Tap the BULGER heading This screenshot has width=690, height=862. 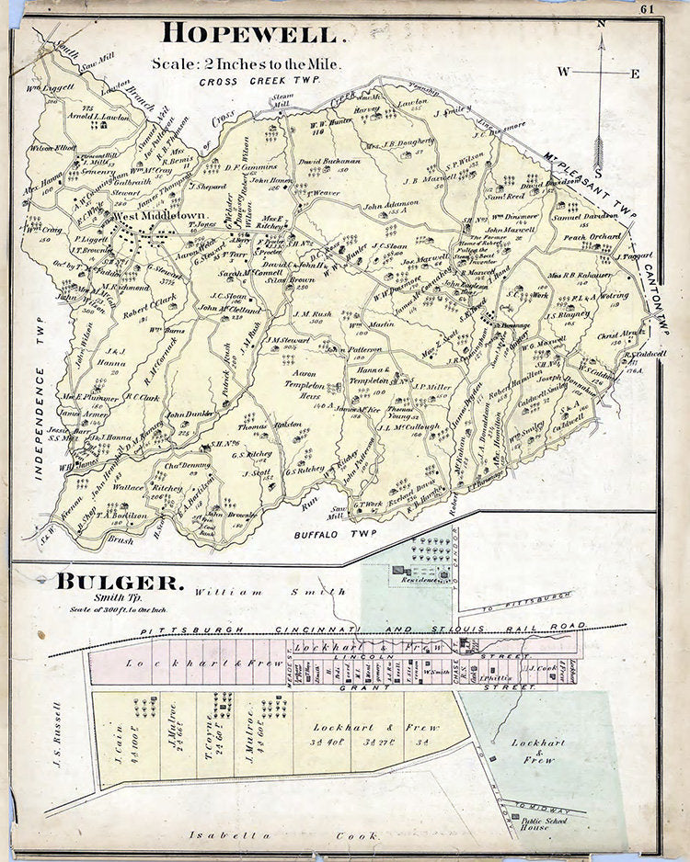(x=120, y=582)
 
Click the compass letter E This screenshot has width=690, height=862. (x=635, y=74)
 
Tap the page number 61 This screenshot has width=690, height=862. (x=648, y=10)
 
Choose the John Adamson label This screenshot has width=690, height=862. (x=390, y=206)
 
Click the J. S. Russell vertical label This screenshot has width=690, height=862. (x=57, y=735)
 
